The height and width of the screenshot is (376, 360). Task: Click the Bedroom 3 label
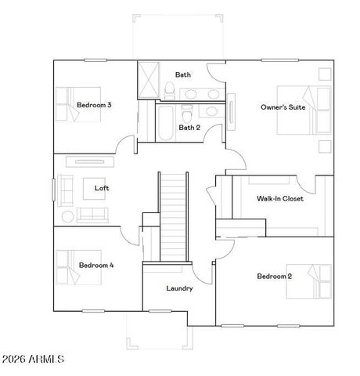pos(93,105)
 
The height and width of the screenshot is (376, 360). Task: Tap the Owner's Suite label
pos(283,107)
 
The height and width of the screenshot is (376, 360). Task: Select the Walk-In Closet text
pos(279,198)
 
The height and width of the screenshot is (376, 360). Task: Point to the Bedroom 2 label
pos(274,276)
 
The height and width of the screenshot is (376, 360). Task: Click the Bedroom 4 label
pos(96,266)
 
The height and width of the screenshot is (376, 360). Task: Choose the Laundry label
pos(179,288)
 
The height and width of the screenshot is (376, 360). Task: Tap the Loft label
pos(102,188)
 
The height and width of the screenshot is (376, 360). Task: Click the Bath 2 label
pos(189,127)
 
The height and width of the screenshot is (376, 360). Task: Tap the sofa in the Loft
pos(92,215)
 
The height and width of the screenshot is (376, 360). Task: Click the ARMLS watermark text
pos(34,359)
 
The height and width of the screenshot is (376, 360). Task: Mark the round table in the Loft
pos(68,215)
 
